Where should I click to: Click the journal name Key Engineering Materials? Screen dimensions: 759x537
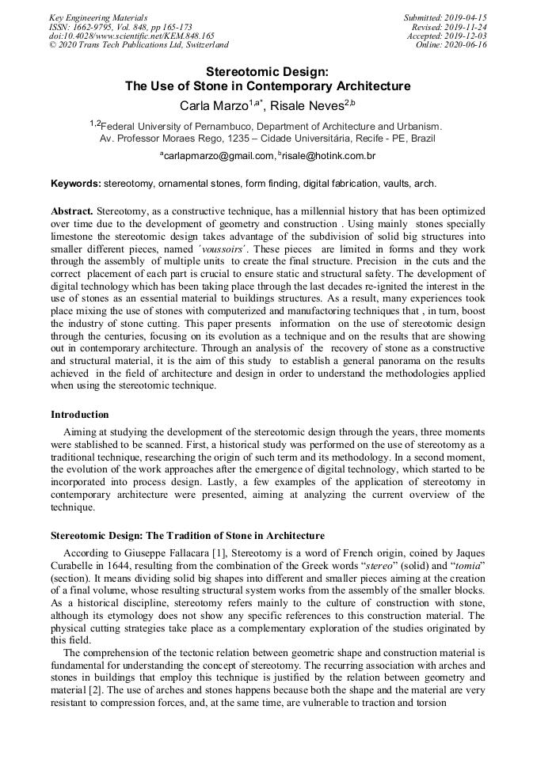[x=98, y=17]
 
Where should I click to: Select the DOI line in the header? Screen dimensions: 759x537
[x=131, y=36]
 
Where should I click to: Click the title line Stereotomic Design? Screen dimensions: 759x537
[x=268, y=71]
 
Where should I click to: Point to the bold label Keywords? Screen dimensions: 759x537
[x=76, y=184]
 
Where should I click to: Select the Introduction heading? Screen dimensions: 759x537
[x=80, y=414]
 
